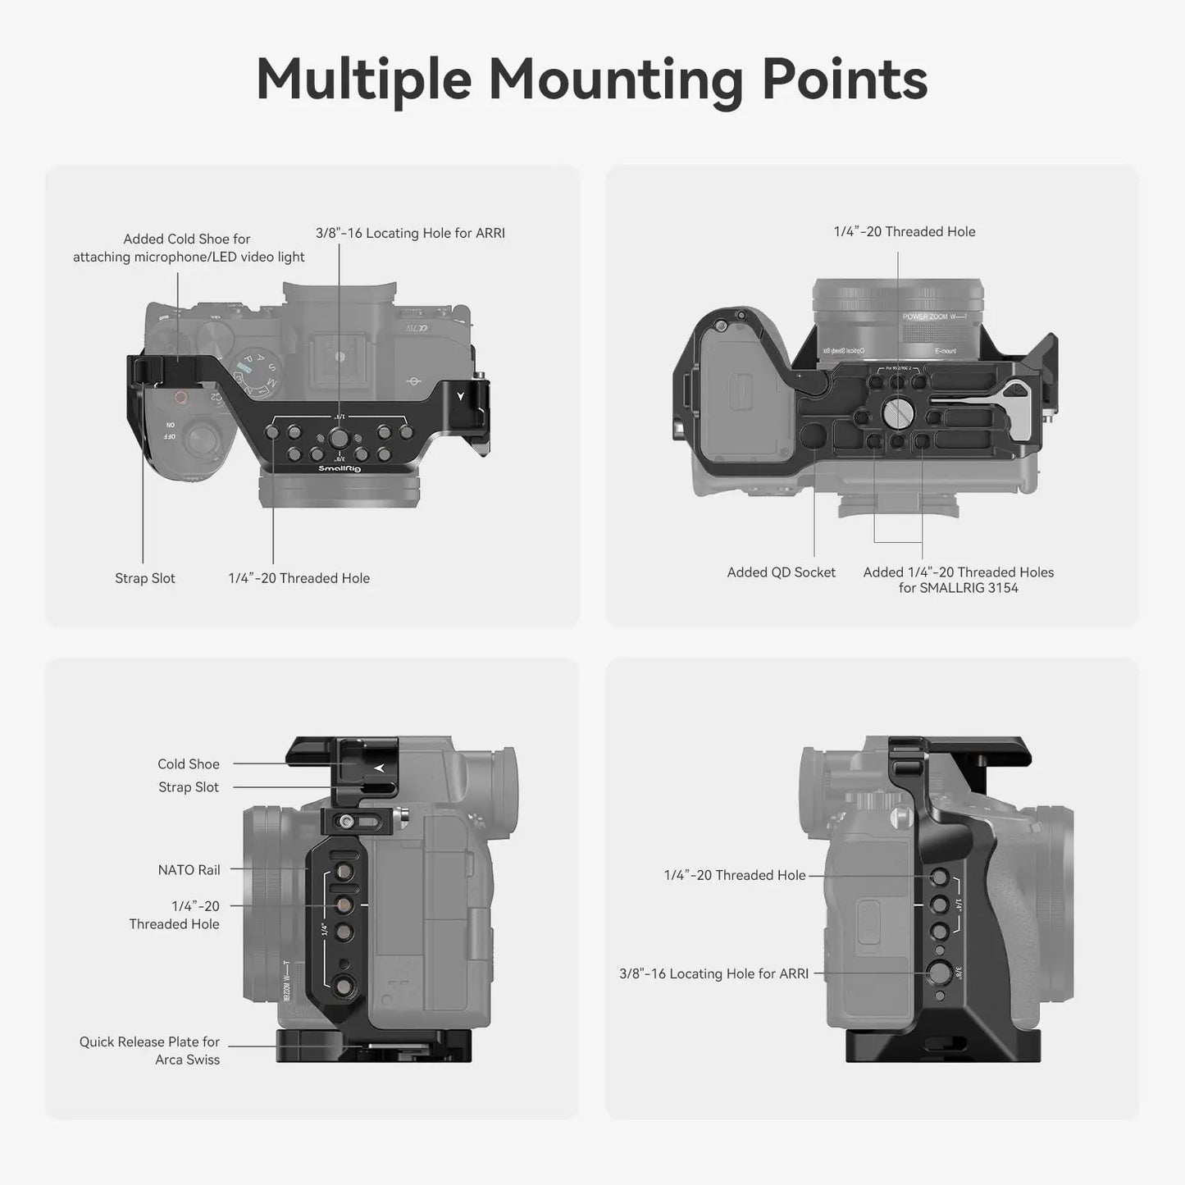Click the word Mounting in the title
click(615, 80)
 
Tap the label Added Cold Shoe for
click(187, 239)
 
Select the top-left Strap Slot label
click(145, 578)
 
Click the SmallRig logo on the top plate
click(340, 468)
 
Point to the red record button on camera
click(180, 399)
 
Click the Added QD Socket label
click(781, 572)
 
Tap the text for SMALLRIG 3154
click(958, 588)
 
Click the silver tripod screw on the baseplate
click(898, 411)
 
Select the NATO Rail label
click(189, 870)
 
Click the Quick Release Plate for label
click(149, 1041)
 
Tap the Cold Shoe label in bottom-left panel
click(189, 763)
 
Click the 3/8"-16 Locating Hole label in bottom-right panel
click(713, 973)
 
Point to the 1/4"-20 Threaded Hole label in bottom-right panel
click(735, 875)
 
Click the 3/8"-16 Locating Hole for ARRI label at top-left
click(410, 233)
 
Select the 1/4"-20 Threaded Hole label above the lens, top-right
click(905, 231)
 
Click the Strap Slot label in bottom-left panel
click(189, 787)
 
